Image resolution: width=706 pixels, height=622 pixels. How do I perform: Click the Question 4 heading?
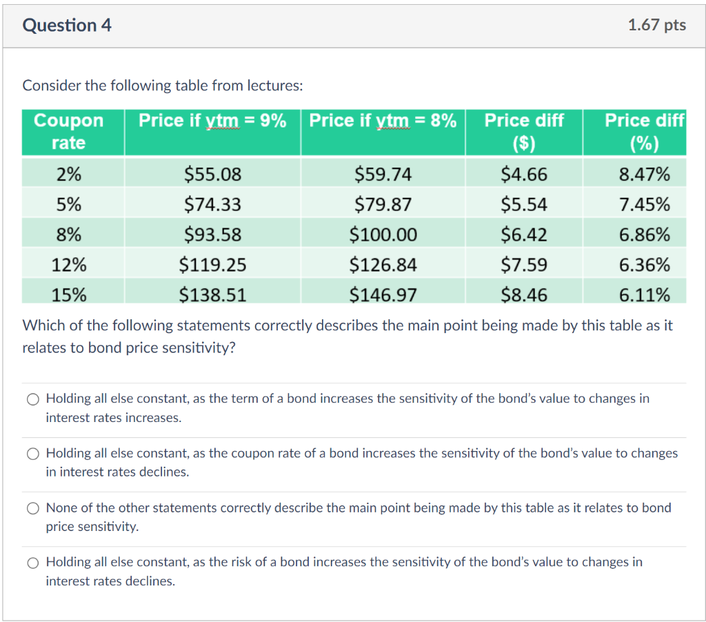pos(67,26)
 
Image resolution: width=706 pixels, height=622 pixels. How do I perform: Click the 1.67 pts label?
pos(656,26)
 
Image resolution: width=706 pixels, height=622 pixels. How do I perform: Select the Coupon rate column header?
pos(69,132)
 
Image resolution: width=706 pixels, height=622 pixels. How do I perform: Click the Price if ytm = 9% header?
pos(212,121)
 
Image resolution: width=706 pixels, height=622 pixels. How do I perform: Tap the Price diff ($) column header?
pos(524,132)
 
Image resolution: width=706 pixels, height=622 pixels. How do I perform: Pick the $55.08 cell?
pos(212,174)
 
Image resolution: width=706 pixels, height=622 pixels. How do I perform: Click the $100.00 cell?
pos(383,235)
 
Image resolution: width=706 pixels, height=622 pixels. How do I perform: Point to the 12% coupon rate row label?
pos(69,265)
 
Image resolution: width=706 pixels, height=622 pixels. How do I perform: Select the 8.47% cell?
pos(644,174)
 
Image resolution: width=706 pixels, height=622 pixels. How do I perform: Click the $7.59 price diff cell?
pos(524,265)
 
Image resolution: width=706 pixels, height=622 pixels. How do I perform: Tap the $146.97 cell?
pos(383,295)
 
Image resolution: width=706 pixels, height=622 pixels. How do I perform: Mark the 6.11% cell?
pos(644,295)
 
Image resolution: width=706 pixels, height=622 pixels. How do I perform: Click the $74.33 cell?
pos(212,205)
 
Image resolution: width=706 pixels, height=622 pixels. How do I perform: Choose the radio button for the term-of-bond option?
pos(34,399)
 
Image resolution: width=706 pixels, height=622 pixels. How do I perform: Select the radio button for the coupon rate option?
pos(34,454)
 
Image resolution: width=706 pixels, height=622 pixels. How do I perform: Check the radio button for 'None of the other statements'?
pos(34,508)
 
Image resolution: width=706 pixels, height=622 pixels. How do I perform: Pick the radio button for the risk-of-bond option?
pos(34,563)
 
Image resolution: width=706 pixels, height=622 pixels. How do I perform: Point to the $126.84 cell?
pos(383,265)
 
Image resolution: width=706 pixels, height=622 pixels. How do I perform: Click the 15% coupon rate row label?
pos(69,295)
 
